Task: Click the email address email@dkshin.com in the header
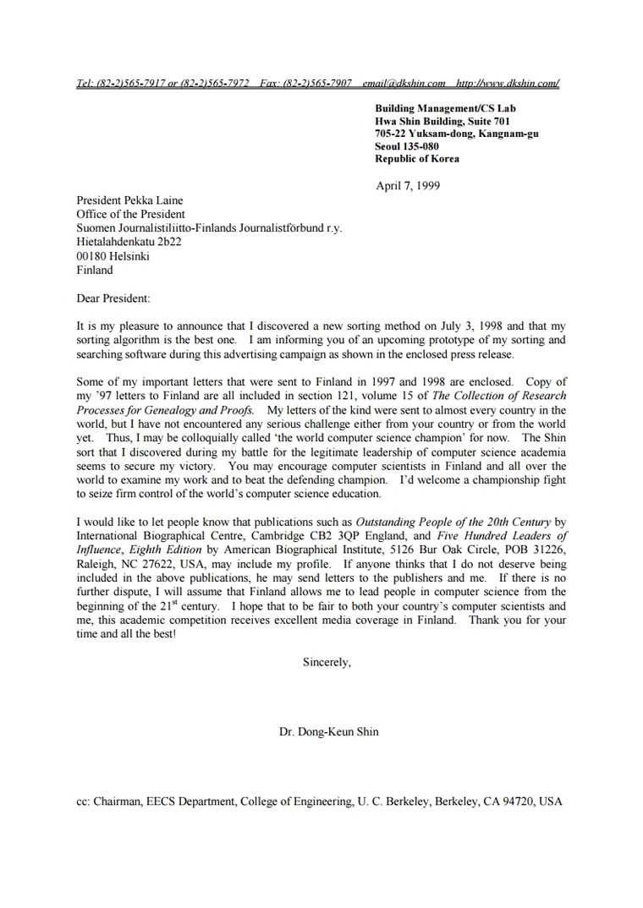tap(404, 83)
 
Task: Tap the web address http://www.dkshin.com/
tap(507, 83)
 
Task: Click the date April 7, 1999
tap(408, 186)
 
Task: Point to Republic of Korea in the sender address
tap(417, 158)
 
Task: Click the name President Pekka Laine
tap(130, 200)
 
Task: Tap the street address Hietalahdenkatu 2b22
tap(129, 242)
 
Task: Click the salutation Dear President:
tap(113, 298)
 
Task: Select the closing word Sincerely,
tap(327, 662)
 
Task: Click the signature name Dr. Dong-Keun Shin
tap(329, 731)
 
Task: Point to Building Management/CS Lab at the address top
tap(445, 108)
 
